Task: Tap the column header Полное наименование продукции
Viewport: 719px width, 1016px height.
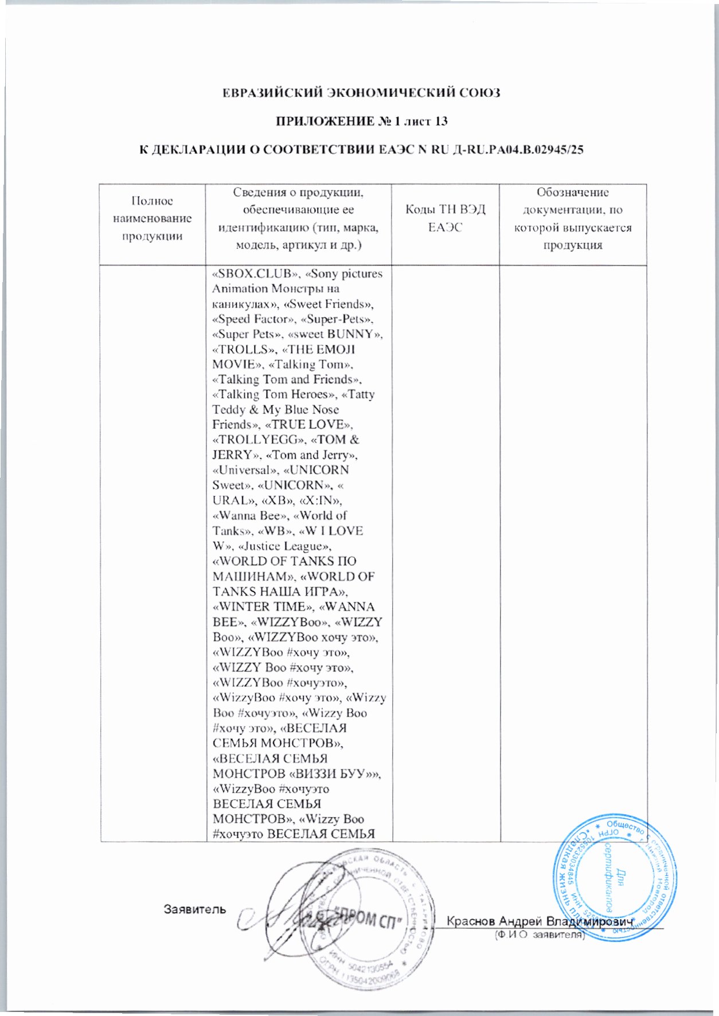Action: point(153,218)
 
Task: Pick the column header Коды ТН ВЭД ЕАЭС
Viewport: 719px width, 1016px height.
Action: point(446,218)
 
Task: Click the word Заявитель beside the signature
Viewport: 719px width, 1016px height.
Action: point(194,910)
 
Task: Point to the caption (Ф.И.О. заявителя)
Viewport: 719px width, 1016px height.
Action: point(538,935)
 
